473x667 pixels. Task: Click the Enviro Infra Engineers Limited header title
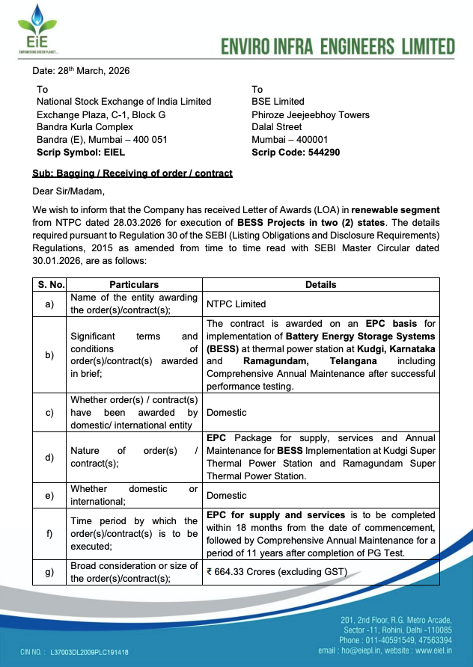point(338,46)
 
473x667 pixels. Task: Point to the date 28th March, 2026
point(81,71)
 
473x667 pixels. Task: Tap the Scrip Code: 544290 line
point(296,152)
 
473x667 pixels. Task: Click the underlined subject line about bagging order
point(132,173)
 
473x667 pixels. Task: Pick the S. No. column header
point(52,285)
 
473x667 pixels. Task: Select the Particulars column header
point(134,285)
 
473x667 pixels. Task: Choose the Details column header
point(320,285)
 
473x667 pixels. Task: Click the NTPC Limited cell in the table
point(236,304)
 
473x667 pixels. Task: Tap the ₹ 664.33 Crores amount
point(277,572)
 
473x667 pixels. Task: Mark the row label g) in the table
point(50,572)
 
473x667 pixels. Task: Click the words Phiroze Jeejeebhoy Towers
point(311,115)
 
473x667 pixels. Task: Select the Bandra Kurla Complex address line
point(85,127)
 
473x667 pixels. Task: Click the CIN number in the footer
point(89,652)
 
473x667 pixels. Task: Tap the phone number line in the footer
point(395,640)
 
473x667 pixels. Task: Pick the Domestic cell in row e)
point(227,495)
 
